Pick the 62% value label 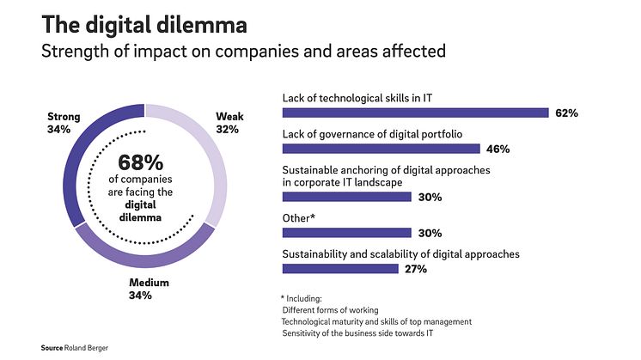(x=566, y=113)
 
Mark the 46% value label (x=498, y=149)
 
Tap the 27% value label (x=415, y=269)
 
